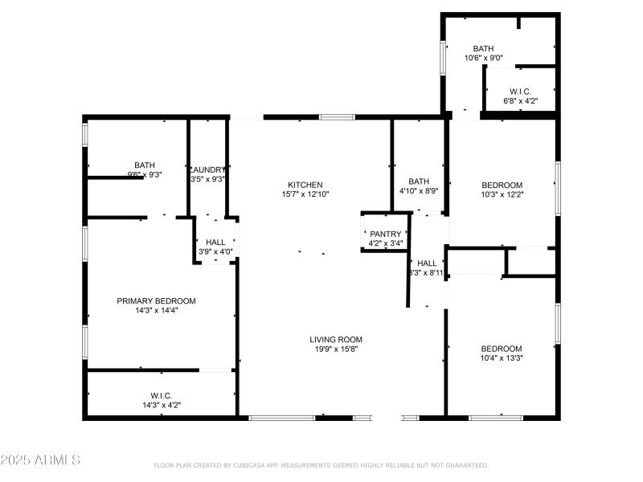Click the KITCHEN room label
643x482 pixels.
[x=305, y=184]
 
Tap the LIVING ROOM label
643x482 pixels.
[x=336, y=339]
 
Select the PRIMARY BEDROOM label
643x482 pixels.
[x=156, y=301]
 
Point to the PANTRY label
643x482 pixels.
[x=385, y=234]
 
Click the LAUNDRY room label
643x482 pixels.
[x=207, y=170]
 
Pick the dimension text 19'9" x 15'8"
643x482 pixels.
[x=336, y=349]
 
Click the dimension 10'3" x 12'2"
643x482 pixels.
[x=502, y=194]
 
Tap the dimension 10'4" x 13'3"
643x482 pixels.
[x=502, y=357]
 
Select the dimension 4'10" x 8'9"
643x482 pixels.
[x=419, y=190]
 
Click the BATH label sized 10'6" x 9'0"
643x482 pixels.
[x=483, y=48]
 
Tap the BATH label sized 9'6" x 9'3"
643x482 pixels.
[x=145, y=165]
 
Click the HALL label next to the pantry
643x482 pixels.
[x=427, y=263]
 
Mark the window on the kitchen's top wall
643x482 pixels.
[x=337, y=117]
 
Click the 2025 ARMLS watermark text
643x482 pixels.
[x=40, y=460]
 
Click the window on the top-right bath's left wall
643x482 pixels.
[x=442, y=57]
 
